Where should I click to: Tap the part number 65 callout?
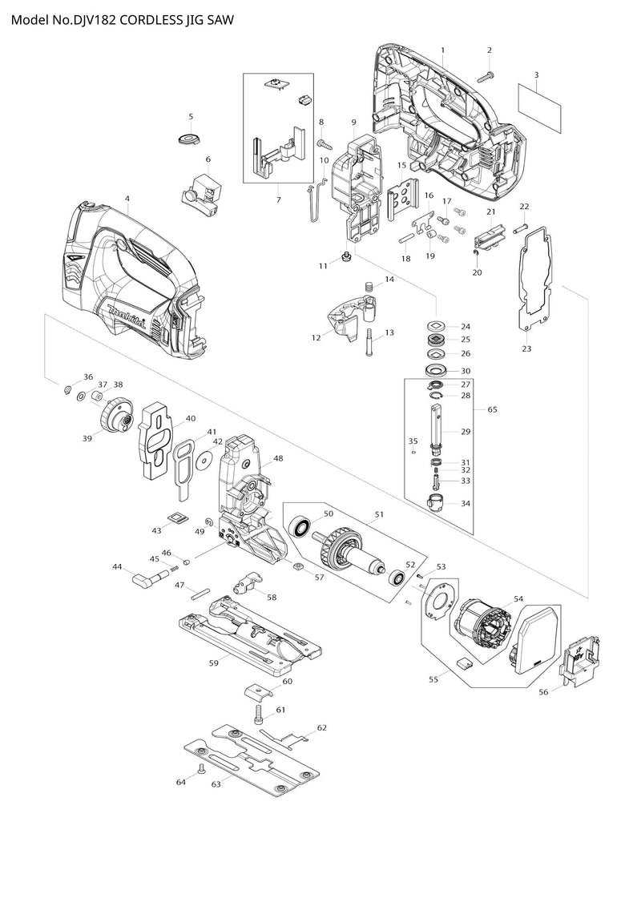tap(493, 409)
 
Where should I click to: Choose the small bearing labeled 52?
tap(396, 578)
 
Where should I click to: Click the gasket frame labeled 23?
tap(533, 280)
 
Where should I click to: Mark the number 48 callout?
tap(279, 459)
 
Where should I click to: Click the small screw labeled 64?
tap(201, 767)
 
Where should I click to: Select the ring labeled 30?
tap(437, 371)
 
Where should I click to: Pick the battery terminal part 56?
tap(579, 659)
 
